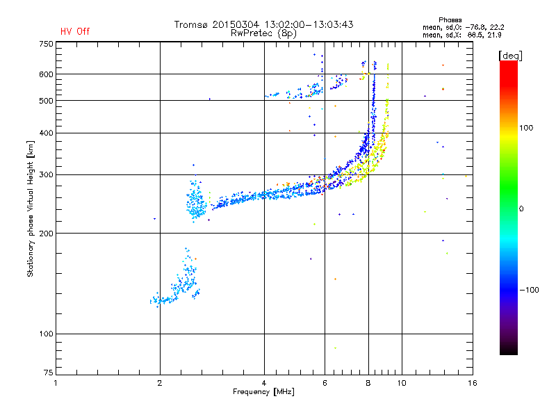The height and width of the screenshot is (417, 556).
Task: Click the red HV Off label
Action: pyautogui.click(x=75, y=31)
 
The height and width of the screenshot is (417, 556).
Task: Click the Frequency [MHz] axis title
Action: pyautogui.click(x=263, y=393)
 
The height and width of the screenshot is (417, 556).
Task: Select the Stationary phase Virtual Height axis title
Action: pyautogui.click(x=31, y=208)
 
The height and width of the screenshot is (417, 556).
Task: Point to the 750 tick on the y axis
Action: pyautogui.click(x=46, y=44)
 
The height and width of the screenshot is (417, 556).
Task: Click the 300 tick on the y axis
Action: pyautogui.click(x=46, y=174)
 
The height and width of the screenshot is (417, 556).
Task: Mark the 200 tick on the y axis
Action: pyautogui.click(x=46, y=233)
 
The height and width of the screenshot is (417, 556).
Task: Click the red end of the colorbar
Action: pyautogui.click(x=509, y=66)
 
